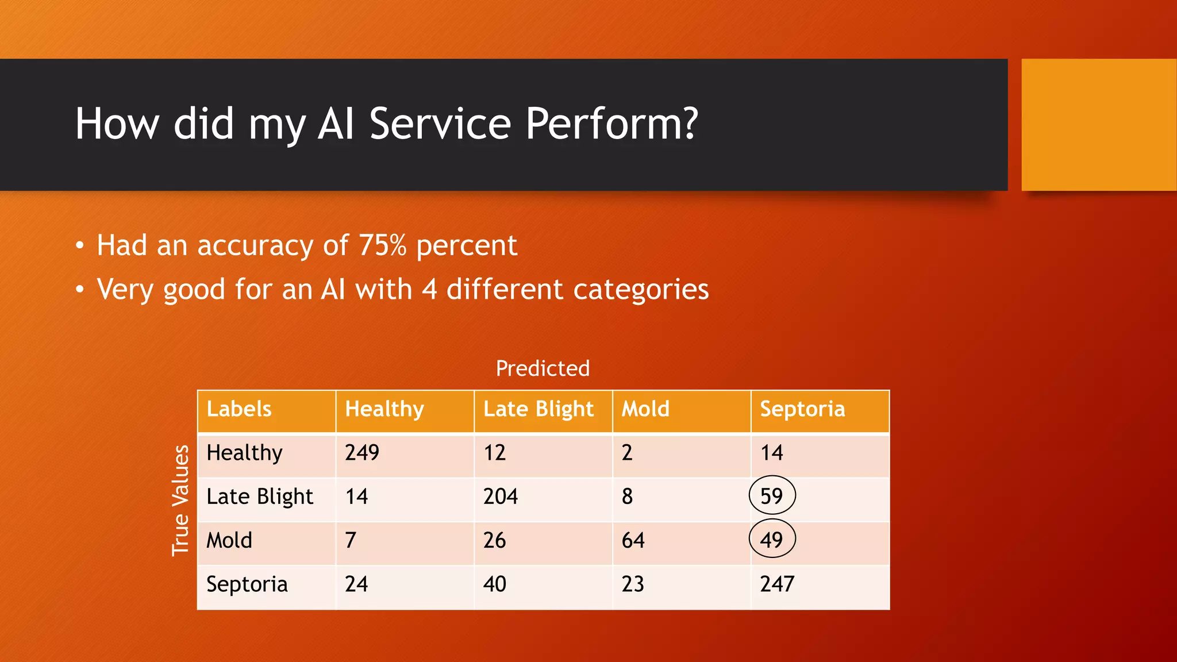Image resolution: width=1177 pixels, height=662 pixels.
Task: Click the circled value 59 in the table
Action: (772, 496)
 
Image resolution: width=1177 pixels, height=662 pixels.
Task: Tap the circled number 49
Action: (772, 540)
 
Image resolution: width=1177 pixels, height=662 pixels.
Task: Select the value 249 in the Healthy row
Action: (362, 453)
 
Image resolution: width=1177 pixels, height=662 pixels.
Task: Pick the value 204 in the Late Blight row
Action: (501, 496)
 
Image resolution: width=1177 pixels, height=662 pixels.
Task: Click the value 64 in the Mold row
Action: (633, 540)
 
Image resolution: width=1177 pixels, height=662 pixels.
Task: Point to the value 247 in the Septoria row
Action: (777, 584)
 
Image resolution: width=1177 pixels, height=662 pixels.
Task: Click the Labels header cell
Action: (239, 409)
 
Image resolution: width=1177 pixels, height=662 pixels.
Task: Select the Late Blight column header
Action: (539, 409)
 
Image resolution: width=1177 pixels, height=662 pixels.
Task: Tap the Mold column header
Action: (645, 409)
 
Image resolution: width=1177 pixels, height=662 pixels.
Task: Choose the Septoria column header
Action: (802, 409)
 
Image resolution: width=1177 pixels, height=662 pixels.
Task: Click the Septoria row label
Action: (247, 584)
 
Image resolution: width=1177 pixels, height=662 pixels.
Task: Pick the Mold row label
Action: (229, 540)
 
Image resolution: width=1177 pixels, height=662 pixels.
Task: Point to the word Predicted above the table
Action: (543, 368)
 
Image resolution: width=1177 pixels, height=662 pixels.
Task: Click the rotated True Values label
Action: (180, 500)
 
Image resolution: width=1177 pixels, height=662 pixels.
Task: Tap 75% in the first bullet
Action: (383, 245)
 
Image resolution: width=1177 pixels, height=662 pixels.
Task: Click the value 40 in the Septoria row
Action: (494, 584)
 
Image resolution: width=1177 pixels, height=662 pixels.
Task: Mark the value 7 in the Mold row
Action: (351, 540)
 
